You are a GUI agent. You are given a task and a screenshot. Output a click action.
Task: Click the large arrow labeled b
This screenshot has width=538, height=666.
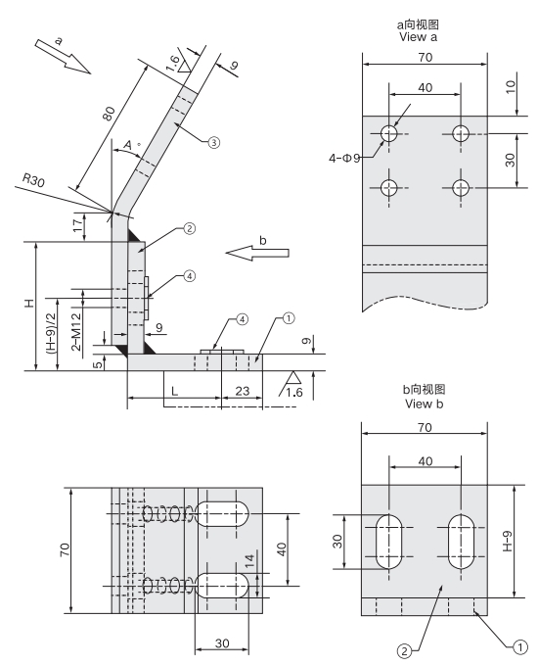pos(257,253)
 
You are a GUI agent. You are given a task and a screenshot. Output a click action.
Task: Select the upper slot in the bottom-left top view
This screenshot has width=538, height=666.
pos(224,516)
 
